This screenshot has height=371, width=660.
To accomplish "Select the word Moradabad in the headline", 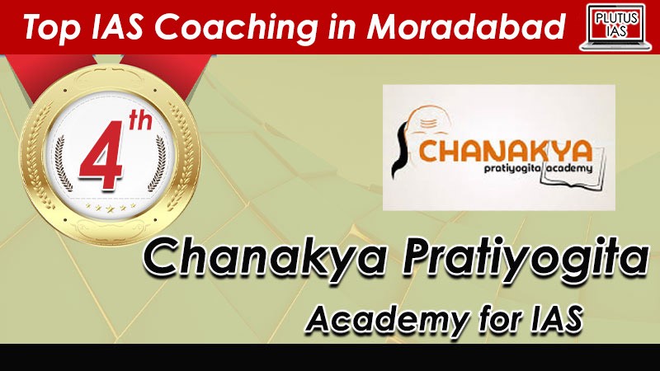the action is (465, 26).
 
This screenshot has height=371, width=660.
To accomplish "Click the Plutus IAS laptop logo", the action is (615, 27).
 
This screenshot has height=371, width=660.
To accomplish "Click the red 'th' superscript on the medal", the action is (139, 121).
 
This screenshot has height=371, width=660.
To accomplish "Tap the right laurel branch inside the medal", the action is (158, 163).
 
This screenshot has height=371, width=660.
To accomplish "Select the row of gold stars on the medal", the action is (111, 207).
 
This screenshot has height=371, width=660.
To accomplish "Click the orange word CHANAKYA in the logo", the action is (506, 151).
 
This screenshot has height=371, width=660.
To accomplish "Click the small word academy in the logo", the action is (568, 169).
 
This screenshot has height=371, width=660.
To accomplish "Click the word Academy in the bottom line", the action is (386, 321).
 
